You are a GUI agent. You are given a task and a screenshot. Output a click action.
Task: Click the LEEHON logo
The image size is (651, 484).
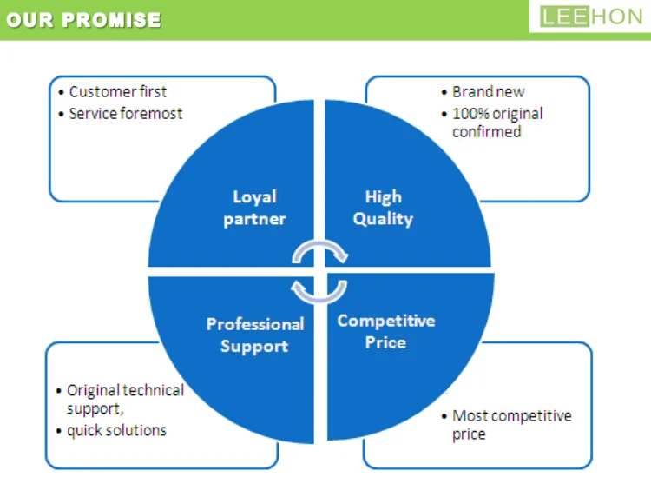coord(590,17)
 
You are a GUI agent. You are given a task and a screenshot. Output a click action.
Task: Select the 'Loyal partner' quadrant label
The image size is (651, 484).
coord(254,208)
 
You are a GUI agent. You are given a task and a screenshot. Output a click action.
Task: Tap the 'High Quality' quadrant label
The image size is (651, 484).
coord(383,208)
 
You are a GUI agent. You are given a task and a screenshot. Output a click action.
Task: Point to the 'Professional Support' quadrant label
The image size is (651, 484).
coord(255,335)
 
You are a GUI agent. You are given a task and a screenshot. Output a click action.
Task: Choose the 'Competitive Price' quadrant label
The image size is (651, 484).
coord(386,331)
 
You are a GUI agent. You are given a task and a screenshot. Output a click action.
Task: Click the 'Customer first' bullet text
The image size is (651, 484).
coord(118,91)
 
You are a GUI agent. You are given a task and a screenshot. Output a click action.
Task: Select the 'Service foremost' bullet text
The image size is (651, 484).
coord(126,113)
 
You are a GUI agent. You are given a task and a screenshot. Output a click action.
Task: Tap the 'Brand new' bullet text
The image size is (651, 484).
coord(488,91)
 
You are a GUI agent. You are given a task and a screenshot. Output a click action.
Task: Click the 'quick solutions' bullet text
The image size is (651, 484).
coord(116,430)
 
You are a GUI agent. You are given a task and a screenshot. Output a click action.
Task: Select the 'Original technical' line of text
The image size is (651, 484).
coord(125,390)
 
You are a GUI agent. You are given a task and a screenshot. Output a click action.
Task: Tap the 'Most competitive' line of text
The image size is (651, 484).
coord(511,415)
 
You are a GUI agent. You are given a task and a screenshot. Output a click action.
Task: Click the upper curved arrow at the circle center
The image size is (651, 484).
coord(319,251)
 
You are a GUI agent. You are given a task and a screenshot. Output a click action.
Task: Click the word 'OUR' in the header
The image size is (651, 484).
coord(32,19)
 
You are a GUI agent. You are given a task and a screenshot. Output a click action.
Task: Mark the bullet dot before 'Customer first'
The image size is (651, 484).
coord(61,92)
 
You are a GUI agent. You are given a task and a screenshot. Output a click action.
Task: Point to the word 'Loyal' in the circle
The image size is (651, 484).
coord(254,196)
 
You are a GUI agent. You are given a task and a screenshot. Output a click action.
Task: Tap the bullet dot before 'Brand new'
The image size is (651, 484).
coord(444,92)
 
